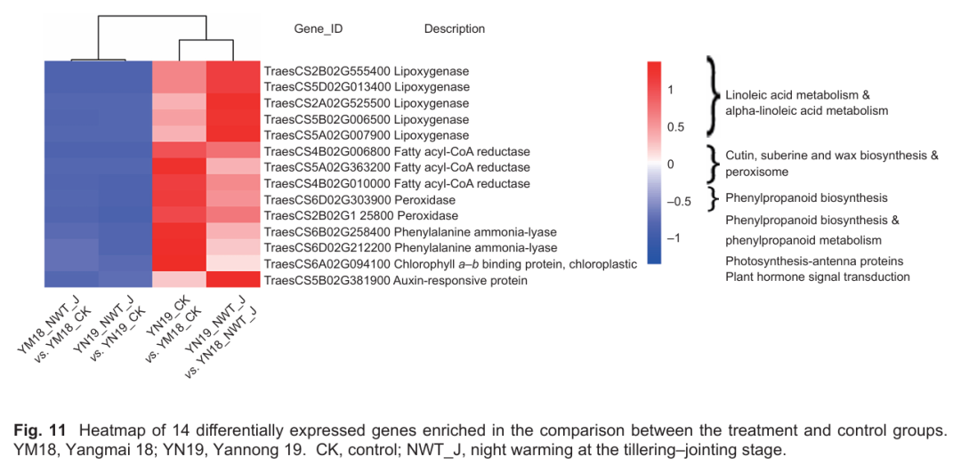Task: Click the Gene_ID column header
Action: [x=318, y=29]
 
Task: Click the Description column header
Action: [x=454, y=29]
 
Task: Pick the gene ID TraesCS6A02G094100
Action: [x=327, y=264]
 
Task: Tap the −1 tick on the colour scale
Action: [x=677, y=238]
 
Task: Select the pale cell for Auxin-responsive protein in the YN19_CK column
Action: [x=180, y=280]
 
